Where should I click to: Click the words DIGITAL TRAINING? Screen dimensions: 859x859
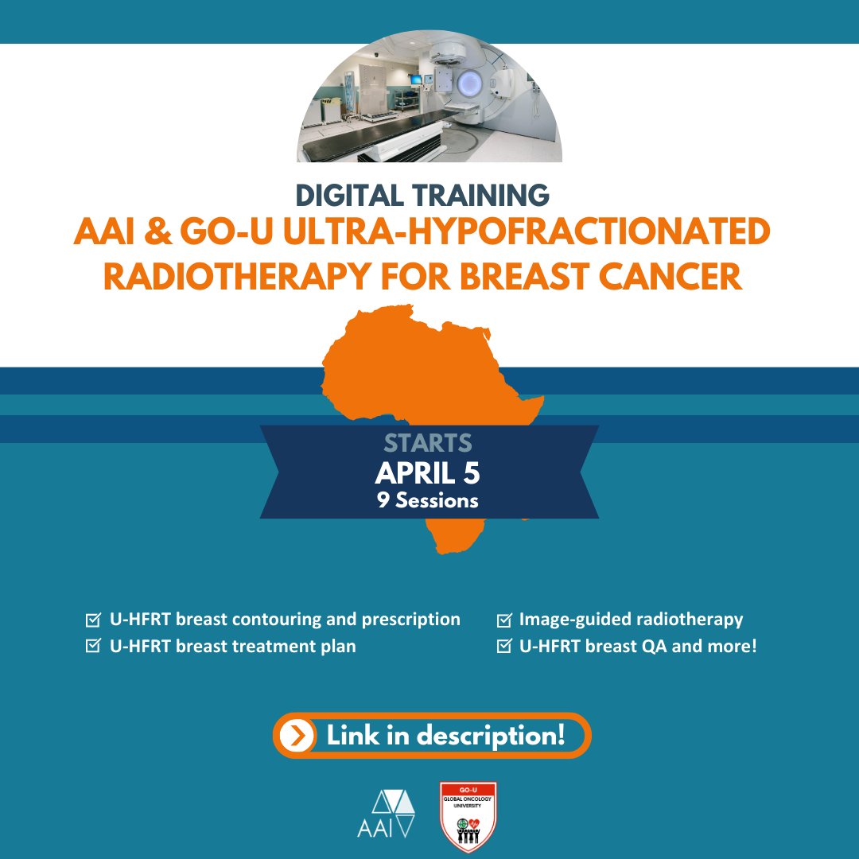[421, 196]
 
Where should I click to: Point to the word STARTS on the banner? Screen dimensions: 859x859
[428, 444]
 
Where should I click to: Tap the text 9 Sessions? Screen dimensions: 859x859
[428, 501]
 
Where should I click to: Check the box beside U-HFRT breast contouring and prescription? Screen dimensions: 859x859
[92, 620]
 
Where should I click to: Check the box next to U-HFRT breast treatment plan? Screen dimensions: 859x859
[92, 647]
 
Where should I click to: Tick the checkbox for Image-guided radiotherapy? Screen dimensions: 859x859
[503, 620]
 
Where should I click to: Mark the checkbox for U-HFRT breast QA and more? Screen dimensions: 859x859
[503, 647]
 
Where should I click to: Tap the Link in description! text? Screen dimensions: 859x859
[445, 736]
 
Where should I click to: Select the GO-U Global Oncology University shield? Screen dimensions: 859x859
[468, 816]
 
